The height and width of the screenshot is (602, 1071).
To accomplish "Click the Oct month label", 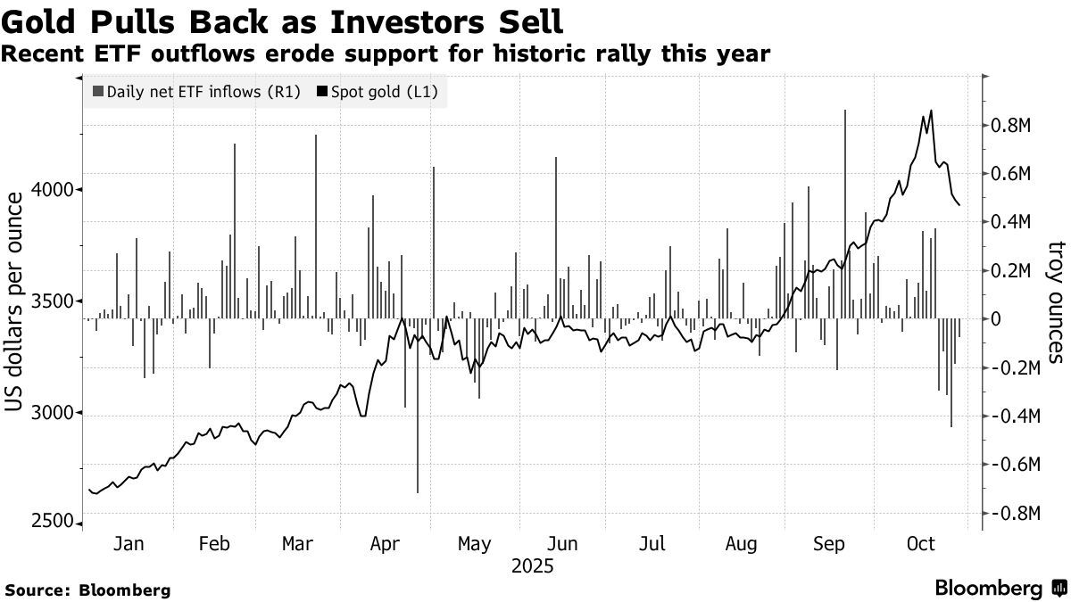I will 920,544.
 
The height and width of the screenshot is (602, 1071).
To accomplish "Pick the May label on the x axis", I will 474,544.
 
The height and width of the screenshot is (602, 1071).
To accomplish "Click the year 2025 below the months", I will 532,566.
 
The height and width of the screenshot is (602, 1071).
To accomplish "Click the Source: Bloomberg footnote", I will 87,590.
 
